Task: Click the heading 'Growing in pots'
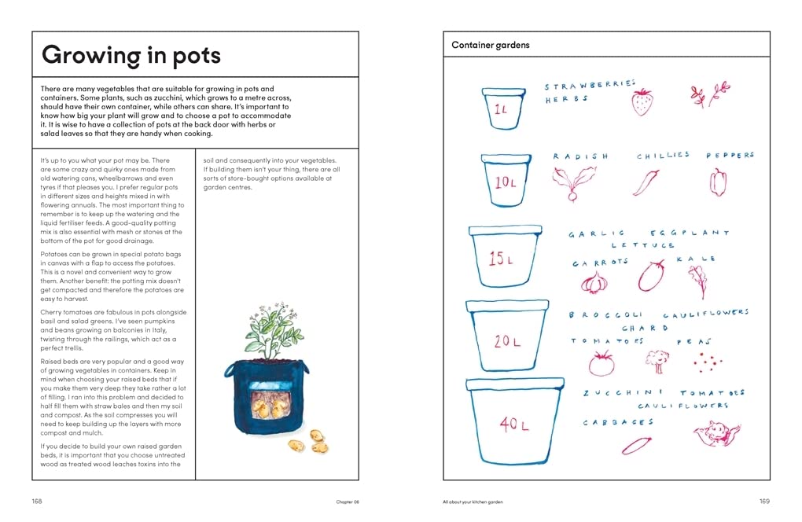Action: [131, 55]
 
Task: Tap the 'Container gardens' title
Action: [491, 46]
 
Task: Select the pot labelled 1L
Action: [503, 109]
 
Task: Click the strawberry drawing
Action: [642, 102]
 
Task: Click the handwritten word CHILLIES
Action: [663, 156]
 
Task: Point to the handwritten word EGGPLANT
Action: [690, 233]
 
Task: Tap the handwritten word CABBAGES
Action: [619, 423]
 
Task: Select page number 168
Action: [37, 502]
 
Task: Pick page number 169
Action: [764, 502]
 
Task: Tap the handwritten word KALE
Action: [700, 259]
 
